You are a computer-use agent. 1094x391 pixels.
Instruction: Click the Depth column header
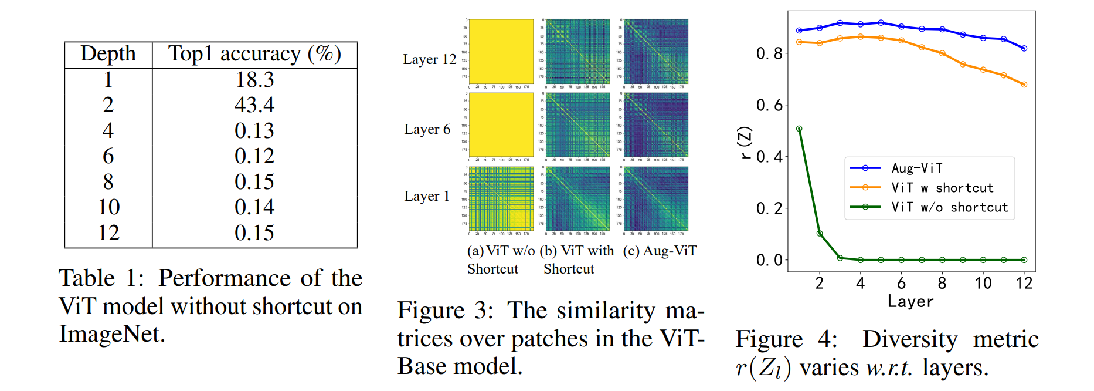coord(108,54)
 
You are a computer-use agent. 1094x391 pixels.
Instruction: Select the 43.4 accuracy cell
coord(254,105)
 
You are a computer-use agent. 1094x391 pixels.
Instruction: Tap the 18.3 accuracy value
coord(254,79)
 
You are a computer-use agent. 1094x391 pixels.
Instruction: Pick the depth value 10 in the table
coord(108,207)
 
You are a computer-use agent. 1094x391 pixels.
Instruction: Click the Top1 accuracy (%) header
coord(254,54)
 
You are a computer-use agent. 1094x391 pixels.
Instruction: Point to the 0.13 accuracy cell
coord(254,130)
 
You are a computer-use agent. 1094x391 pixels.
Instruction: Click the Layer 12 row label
coord(429,59)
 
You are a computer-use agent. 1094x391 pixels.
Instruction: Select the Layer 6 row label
coord(427,129)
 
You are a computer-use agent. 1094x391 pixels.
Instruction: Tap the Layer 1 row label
coord(427,196)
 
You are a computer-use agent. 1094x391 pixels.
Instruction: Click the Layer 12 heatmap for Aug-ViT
coord(656,52)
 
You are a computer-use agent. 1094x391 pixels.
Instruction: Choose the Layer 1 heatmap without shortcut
coord(501,198)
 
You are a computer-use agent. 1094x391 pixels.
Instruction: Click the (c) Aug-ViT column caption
coord(660,251)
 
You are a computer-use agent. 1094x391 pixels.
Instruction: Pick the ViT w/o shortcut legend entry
coord(949,207)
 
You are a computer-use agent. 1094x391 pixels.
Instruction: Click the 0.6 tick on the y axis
coord(769,105)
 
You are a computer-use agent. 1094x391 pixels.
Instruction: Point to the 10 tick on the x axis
coord(983,284)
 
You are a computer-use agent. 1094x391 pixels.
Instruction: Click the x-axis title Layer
coord(910,302)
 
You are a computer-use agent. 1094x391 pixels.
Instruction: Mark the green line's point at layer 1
coord(799,129)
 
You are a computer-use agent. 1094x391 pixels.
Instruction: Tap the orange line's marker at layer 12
coord(1024,85)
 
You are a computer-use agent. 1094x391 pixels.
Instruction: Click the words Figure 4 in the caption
coord(786,339)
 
